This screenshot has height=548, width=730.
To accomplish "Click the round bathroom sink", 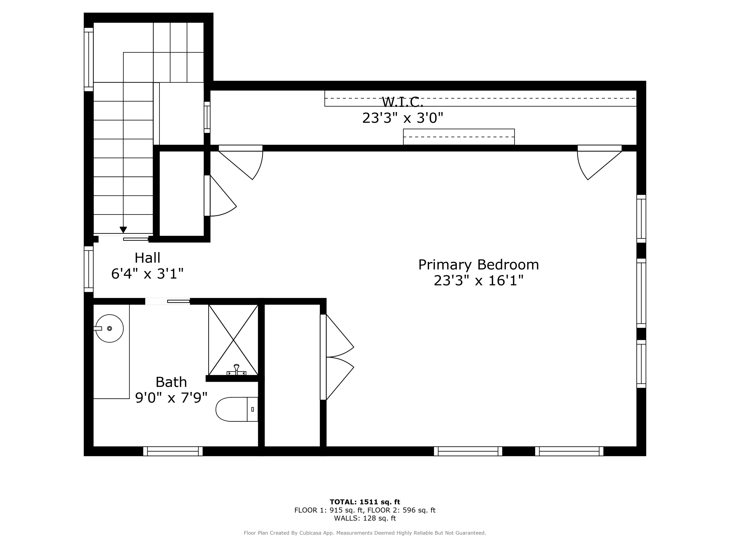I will coord(109,328).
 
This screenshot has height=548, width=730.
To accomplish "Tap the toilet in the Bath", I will coord(236,409).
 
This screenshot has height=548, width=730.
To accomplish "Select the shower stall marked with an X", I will coord(233,340).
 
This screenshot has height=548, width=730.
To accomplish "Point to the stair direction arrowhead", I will coord(123,230).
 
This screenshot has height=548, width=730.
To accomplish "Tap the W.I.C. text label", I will coord(402,102).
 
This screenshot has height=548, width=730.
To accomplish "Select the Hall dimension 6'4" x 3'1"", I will coord(147,274).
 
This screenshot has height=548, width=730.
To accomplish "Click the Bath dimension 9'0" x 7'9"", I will coord(171,398).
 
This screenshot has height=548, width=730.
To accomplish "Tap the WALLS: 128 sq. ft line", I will coord(365,518).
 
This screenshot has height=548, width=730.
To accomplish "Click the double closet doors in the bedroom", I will coord(337,357).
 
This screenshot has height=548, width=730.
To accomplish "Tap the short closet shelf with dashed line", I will coord(458,137).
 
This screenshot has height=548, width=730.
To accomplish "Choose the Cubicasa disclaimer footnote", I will coord(365,533).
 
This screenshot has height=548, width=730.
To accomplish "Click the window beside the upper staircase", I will coord(88,59).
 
